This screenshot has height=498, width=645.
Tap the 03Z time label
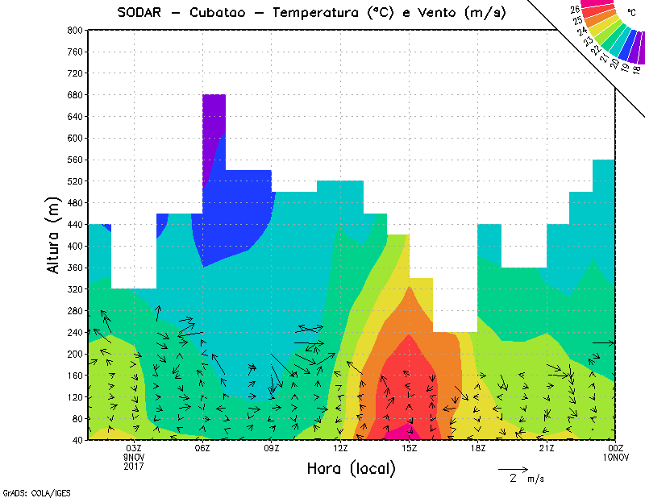click(x=134, y=448)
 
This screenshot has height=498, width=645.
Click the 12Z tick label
click(x=340, y=448)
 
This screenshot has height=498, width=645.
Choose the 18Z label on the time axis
click(x=478, y=448)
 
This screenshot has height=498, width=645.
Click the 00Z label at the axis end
click(x=616, y=448)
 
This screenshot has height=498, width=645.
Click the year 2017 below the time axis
click(x=134, y=466)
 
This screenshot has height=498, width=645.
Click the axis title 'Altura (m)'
click(x=53, y=234)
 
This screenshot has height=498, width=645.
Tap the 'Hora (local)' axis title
click(x=351, y=468)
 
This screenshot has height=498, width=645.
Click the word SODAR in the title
click(x=139, y=12)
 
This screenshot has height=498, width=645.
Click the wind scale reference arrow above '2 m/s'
click(x=513, y=468)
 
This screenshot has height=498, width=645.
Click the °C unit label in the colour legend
click(x=630, y=13)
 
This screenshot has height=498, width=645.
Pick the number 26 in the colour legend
click(x=575, y=10)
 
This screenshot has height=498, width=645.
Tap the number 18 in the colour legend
click(x=636, y=70)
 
